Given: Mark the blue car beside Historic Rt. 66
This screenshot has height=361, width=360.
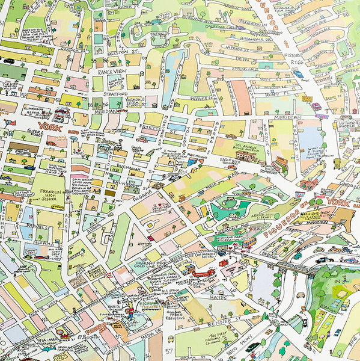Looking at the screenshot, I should [298, 74].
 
